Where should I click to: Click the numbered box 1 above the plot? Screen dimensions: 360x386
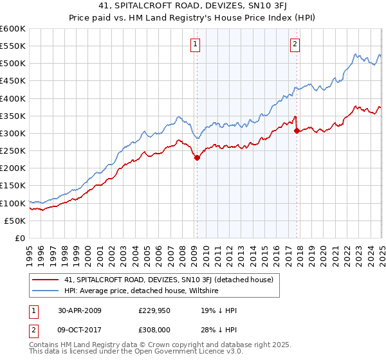pos(195,44)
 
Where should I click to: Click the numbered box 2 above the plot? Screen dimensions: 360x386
pos(295,44)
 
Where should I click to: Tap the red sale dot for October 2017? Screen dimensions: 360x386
pos(297,130)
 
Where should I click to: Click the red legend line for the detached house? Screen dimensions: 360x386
pos(46,280)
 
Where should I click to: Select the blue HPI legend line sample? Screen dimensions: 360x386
pos(46,291)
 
